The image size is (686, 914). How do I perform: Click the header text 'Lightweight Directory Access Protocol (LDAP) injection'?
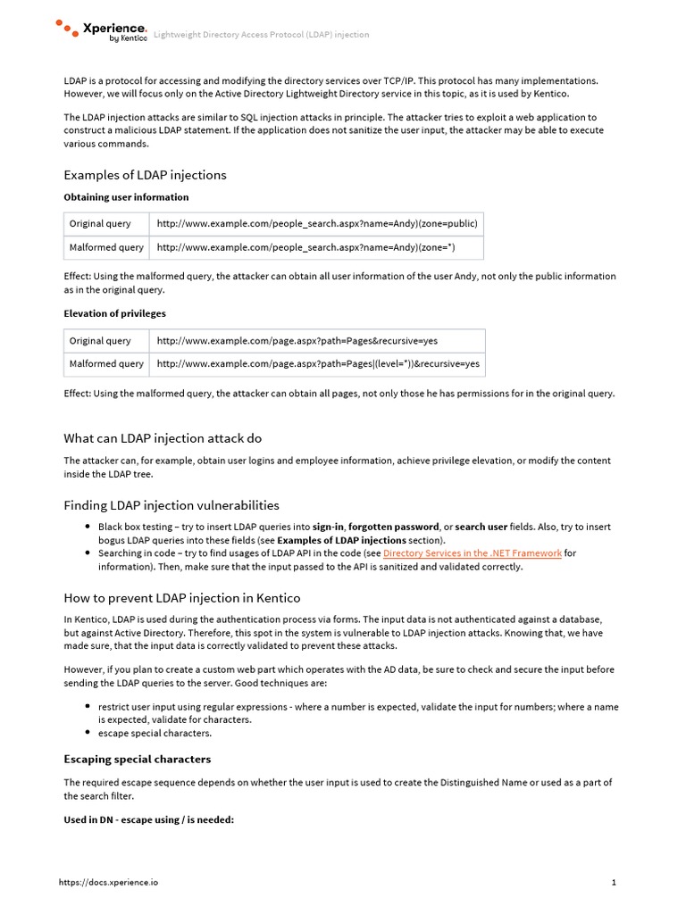tap(261, 35)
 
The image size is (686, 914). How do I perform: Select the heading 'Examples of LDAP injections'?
tap(145, 175)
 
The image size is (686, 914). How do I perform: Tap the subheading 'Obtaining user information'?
tap(126, 197)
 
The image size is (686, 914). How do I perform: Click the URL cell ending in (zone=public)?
tap(317, 224)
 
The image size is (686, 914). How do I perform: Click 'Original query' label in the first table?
tap(100, 224)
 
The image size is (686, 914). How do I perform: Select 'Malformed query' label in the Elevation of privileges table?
tap(106, 364)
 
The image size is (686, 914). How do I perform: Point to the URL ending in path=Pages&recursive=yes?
tap(297, 341)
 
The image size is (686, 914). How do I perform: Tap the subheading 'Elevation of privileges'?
tap(114, 313)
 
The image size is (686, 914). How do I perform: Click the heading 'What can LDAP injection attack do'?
tap(163, 438)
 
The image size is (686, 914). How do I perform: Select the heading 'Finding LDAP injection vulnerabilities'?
tap(171, 505)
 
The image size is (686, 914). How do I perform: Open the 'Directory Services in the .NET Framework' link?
tap(472, 553)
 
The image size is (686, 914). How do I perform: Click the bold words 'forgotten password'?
tap(393, 527)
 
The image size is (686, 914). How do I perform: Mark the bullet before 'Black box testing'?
tap(87, 528)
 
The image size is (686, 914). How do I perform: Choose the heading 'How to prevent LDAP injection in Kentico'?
tap(182, 598)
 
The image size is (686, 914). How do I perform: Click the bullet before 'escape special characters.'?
tap(87, 734)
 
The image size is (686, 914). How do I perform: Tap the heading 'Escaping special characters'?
tap(138, 760)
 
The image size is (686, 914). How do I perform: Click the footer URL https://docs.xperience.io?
tap(109, 883)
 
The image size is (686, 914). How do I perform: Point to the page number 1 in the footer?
tap(614, 883)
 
